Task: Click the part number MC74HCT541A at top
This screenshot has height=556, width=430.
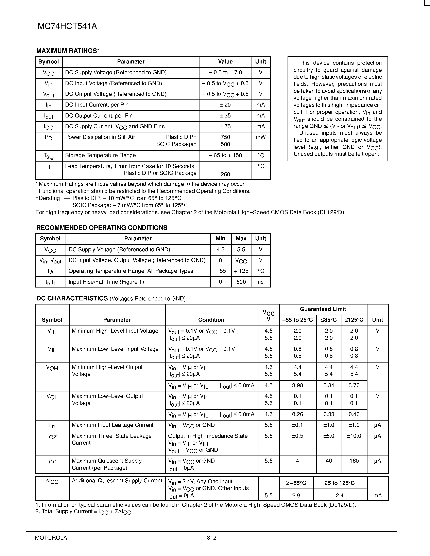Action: [67, 26]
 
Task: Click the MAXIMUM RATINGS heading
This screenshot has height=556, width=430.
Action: [68, 51]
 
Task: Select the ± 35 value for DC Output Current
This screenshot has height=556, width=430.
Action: [225, 116]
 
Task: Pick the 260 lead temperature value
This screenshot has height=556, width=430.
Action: [225, 174]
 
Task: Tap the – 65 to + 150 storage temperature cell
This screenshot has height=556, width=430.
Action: [225, 155]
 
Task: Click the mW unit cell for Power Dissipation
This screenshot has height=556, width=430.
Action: [261, 137]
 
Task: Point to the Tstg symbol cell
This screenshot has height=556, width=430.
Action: [48, 155]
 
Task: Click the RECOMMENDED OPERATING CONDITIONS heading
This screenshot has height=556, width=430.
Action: [102, 228]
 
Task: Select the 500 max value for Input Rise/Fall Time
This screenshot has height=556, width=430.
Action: [241, 282]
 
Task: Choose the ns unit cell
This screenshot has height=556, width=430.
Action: [261, 282]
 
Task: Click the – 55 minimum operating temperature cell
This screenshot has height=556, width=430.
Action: [220, 271]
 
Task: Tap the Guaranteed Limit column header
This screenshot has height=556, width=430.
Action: [323, 309]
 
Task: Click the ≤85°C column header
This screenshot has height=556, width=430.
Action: [329, 320]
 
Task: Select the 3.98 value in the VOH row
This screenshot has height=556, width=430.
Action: [297, 385]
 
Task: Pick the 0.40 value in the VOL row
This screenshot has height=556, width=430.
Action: [354, 414]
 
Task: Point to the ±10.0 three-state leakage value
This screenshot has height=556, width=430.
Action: [354, 436]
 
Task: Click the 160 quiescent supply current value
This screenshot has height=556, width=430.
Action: [354, 461]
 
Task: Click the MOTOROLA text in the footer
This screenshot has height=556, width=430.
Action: [51, 538]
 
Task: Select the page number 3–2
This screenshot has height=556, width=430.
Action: [211, 538]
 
